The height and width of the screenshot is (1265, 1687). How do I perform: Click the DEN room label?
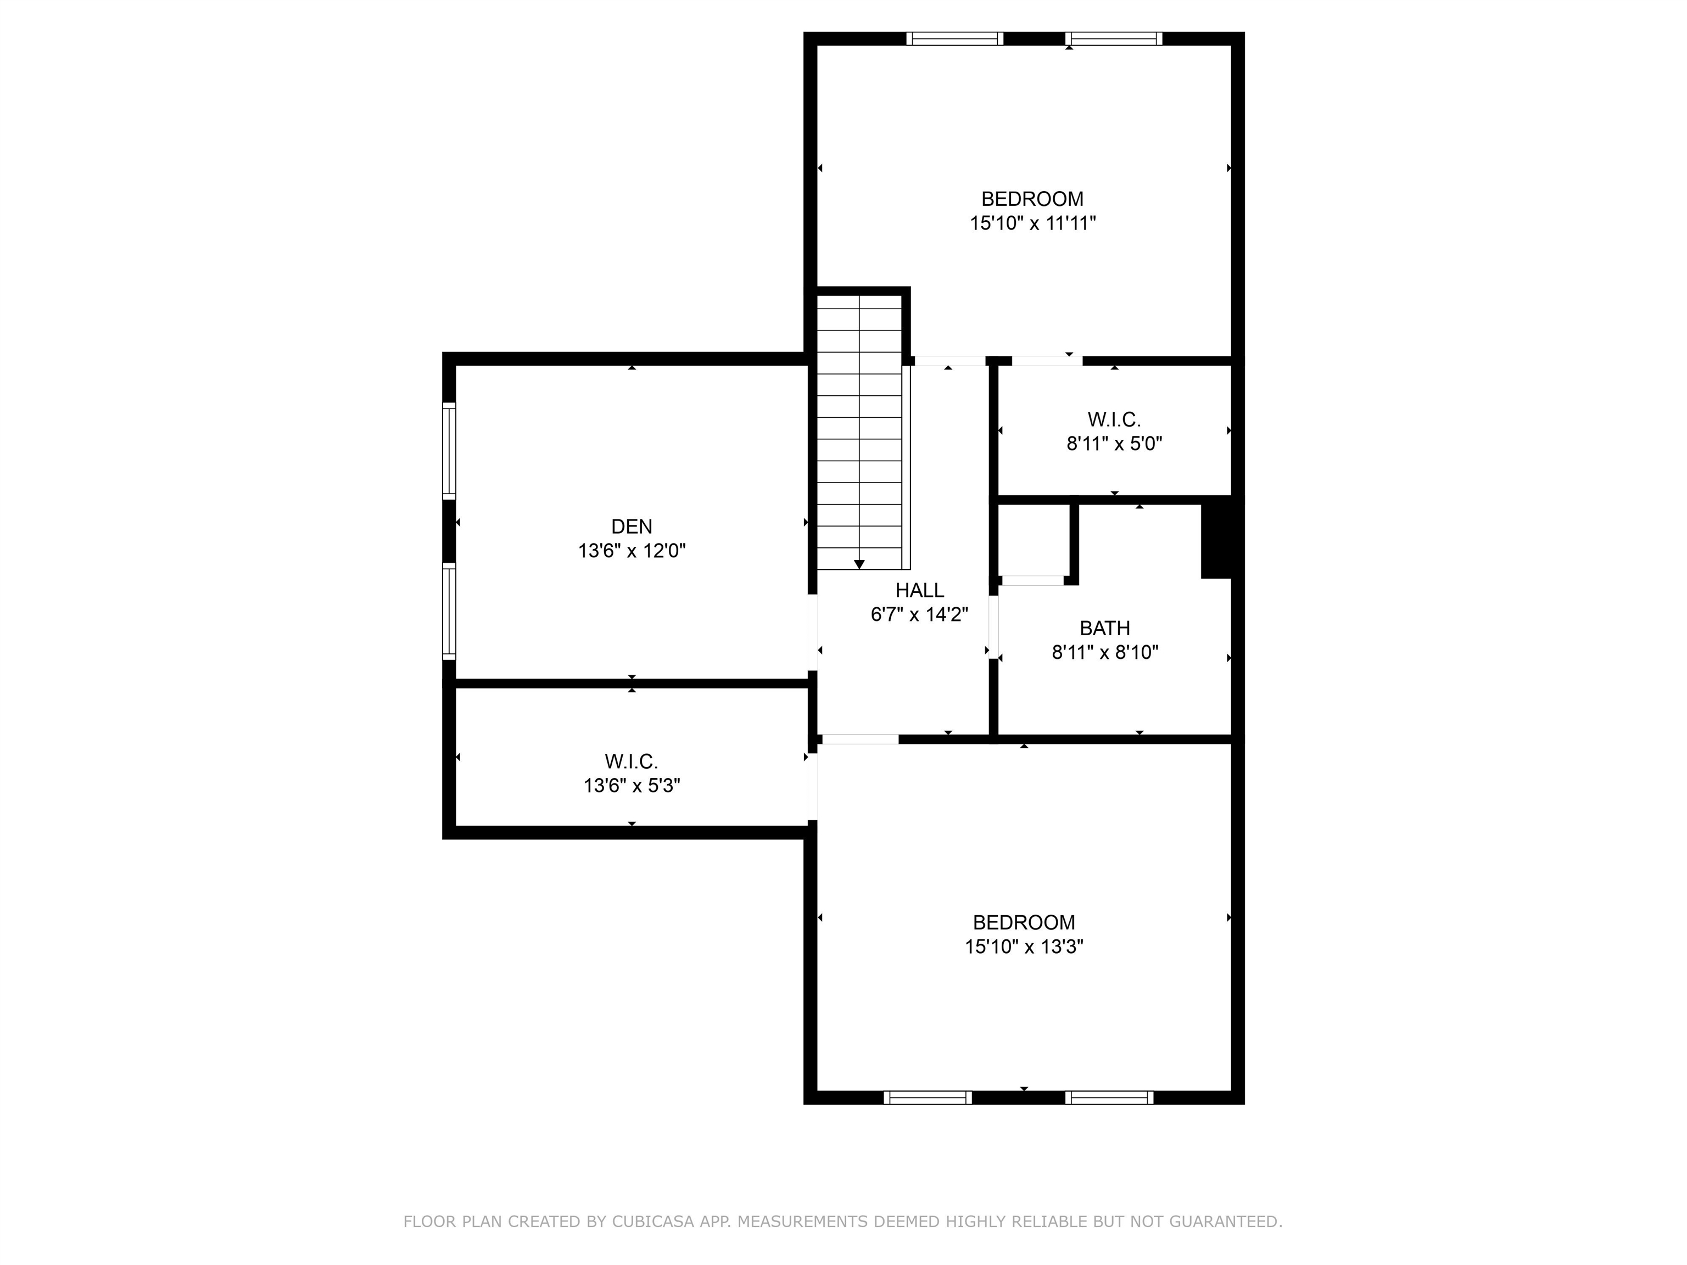coord(632,526)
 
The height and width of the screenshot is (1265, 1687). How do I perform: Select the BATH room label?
coord(1104,628)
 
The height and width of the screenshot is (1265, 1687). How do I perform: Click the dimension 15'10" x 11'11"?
coord(1032,223)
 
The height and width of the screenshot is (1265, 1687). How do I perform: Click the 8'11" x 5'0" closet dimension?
coord(1114,444)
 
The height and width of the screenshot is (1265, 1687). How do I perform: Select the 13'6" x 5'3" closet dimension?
coord(632,785)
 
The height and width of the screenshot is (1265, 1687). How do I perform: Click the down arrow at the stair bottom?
coord(859,564)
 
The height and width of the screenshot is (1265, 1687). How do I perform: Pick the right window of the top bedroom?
coord(1114,39)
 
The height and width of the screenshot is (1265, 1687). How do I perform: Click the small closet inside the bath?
coord(1032,541)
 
